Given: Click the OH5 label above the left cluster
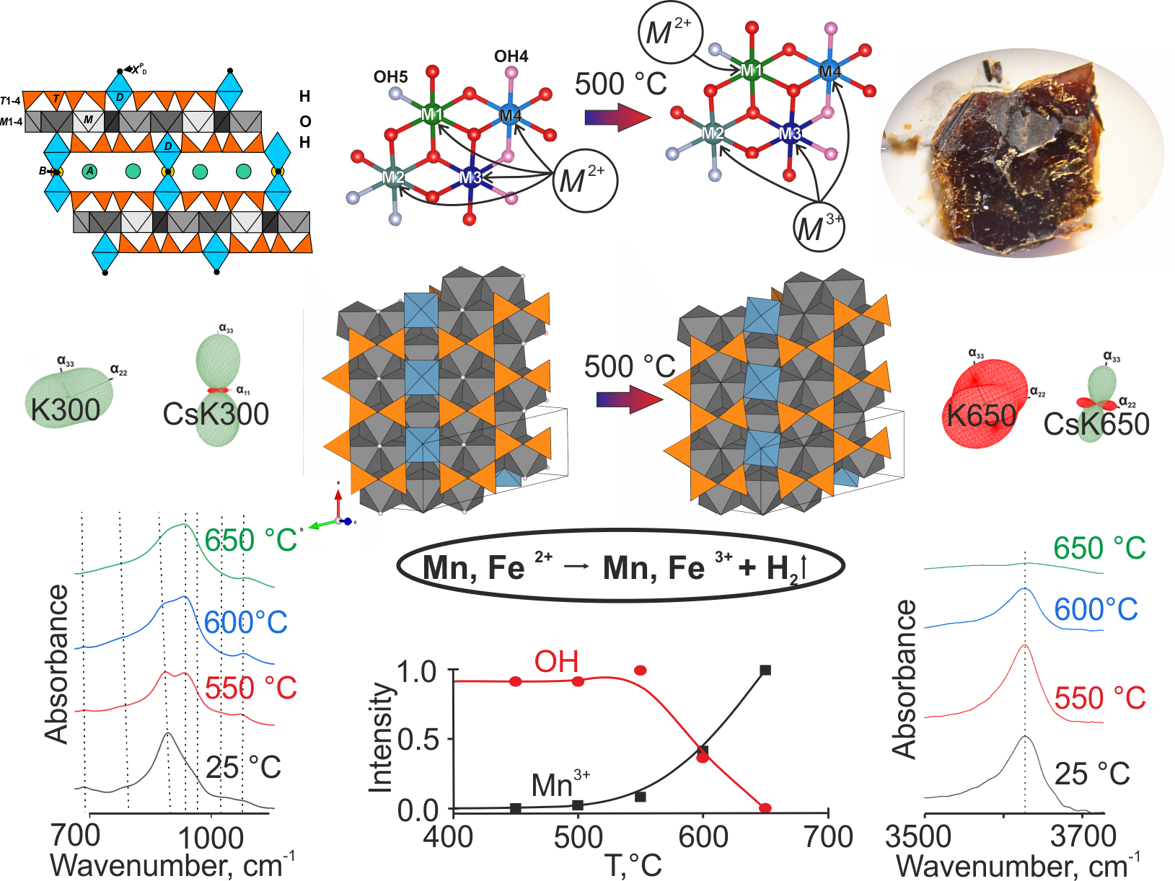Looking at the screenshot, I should pyautogui.click(x=390, y=77).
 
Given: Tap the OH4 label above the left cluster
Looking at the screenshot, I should pyautogui.click(x=511, y=56).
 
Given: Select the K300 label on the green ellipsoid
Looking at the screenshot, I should pyautogui.click(x=65, y=410).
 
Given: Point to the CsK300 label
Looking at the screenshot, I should pyautogui.click(x=216, y=414).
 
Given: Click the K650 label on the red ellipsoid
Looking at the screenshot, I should pyautogui.click(x=981, y=416).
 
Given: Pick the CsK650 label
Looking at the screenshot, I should pyautogui.click(x=1096, y=424).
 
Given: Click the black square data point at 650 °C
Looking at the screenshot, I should pyautogui.click(x=765, y=670).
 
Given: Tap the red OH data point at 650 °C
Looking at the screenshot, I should pyautogui.click(x=765, y=808).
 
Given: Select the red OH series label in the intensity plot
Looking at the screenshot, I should pyautogui.click(x=556, y=662).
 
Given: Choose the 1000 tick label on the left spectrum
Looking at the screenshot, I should pyautogui.click(x=211, y=838).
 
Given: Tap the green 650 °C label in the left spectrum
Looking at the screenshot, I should pyautogui.click(x=250, y=541).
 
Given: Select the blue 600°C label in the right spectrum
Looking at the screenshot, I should pyautogui.click(x=1096, y=610).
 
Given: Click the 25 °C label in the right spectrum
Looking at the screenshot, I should pyautogui.click(x=1091, y=774).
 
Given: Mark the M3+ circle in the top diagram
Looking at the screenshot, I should pyautogui.click(x=819, y=228).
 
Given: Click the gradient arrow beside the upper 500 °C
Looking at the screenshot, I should pyautogui.click(x=612, y=118).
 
